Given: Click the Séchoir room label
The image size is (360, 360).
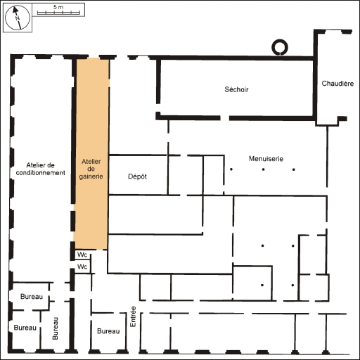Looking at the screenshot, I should (237, 89).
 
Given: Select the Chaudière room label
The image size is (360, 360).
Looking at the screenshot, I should (337, 84).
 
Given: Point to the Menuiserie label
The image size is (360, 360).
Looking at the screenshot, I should (266, 159).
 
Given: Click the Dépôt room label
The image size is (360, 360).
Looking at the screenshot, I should (137, 176).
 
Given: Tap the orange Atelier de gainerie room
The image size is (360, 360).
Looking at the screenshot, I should (92, 155).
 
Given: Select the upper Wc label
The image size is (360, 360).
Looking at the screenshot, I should (82, 255).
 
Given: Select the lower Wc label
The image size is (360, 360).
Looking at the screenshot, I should (82, 267).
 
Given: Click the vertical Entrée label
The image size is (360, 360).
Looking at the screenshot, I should (132, 315).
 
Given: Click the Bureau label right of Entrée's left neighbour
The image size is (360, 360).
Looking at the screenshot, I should (108, 330).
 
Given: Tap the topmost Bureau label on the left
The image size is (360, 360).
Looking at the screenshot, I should (32, 297).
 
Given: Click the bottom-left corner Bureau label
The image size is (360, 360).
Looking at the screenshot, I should (25, 328).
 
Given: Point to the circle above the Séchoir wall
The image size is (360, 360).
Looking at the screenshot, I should (280, 48).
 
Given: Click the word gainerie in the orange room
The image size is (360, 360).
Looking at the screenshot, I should (92, 178).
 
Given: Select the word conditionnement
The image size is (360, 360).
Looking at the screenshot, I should (41, 173).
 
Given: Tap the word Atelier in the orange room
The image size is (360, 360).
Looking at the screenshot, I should (92, 161).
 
